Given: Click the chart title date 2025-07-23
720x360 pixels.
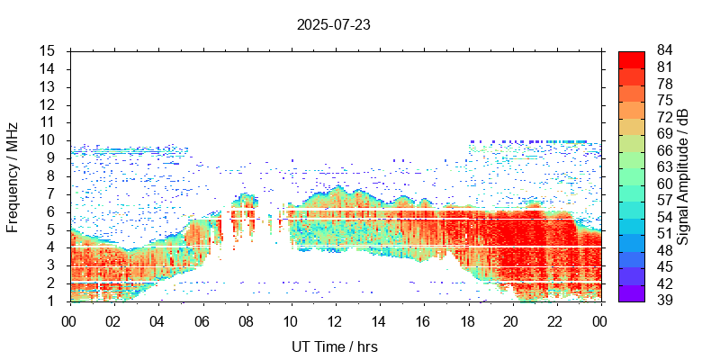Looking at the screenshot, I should point(333,25).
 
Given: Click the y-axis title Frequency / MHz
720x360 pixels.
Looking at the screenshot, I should point(13,175).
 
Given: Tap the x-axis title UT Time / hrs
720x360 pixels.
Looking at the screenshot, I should point(335,346).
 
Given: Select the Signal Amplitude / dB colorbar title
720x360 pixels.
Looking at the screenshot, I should point(683,175).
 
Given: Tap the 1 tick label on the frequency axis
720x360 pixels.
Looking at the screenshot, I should point(53,301).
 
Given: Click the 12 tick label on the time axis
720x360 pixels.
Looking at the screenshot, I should point(335,320).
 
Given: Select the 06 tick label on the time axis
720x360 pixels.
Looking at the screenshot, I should point(202,320).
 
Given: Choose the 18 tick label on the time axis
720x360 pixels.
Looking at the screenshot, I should point(468,320).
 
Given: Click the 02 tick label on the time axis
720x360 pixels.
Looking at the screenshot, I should point(113,320).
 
